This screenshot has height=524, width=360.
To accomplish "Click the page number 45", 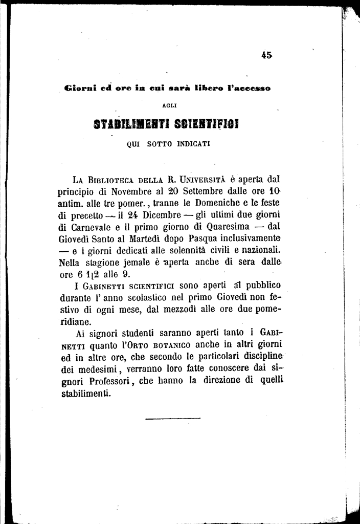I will click(265, 56).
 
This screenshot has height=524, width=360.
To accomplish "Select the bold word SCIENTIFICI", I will click(207, 125).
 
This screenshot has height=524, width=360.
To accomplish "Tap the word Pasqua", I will click(192, 238).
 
